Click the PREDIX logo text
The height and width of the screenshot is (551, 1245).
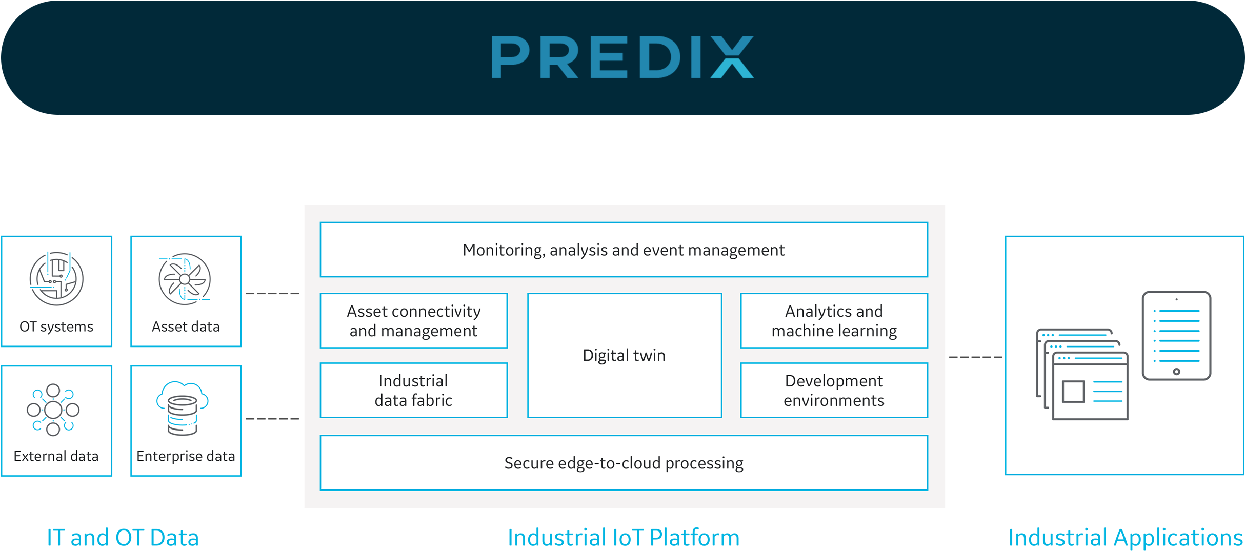click(622, 57)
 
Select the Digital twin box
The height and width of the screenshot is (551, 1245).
click(624, 355)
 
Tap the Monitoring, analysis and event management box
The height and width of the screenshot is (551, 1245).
click(624, 250)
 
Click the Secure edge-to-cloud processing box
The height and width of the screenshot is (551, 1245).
click(624, 463)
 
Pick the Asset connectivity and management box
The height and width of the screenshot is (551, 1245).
click(413, 321)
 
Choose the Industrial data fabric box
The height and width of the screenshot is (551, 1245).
click(413, 391)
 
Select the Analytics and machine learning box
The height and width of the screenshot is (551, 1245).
click(834, 321)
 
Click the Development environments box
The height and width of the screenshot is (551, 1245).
click(834, 391)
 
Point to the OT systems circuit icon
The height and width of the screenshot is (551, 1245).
click(56, 278)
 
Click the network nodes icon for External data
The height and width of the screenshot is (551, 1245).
click(53, 410)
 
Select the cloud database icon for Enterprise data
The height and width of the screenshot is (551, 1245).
click(183, 409)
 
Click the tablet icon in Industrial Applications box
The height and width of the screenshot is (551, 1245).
click(1176, 336)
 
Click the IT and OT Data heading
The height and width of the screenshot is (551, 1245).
click(123, 537)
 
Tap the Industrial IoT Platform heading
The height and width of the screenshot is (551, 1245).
click(624, 537)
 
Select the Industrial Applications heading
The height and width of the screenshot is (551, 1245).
click(1125, 537)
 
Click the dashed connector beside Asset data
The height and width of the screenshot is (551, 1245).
click(272, 294)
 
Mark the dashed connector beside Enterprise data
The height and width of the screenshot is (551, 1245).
click(272, 419)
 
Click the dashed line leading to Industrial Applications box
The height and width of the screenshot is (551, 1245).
click(975, 357)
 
